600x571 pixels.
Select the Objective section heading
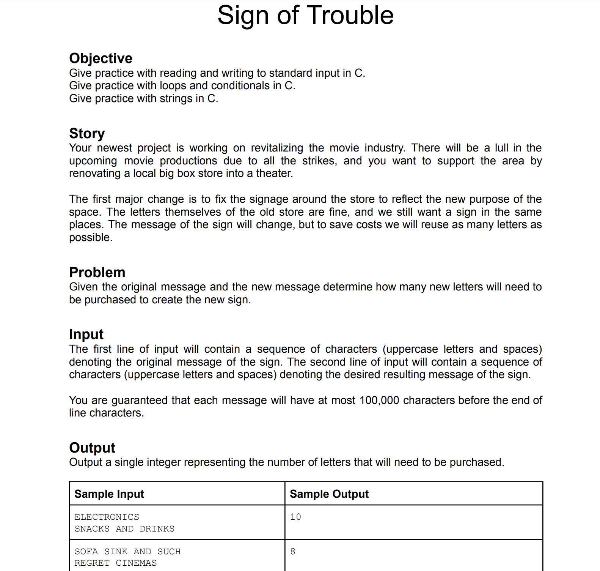[x=101, y=58]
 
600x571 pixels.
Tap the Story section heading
[x=87, y=133]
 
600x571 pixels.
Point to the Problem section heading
[x=97, y=272]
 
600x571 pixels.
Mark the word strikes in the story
[x=319, y=161]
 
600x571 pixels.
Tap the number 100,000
[x=379, y=400]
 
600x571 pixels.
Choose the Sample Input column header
[x=109, y=494]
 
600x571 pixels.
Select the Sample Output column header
[x=329, y=494]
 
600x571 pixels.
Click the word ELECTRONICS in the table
[x=107, y=517]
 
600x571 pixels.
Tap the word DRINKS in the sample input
[x=157, y=529]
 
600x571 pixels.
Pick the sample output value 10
[x=295, y=517]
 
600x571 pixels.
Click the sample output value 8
[x=293, y=551]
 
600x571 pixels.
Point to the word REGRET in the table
[x=92, y=563]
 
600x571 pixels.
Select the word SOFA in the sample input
[x=86, y=552]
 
